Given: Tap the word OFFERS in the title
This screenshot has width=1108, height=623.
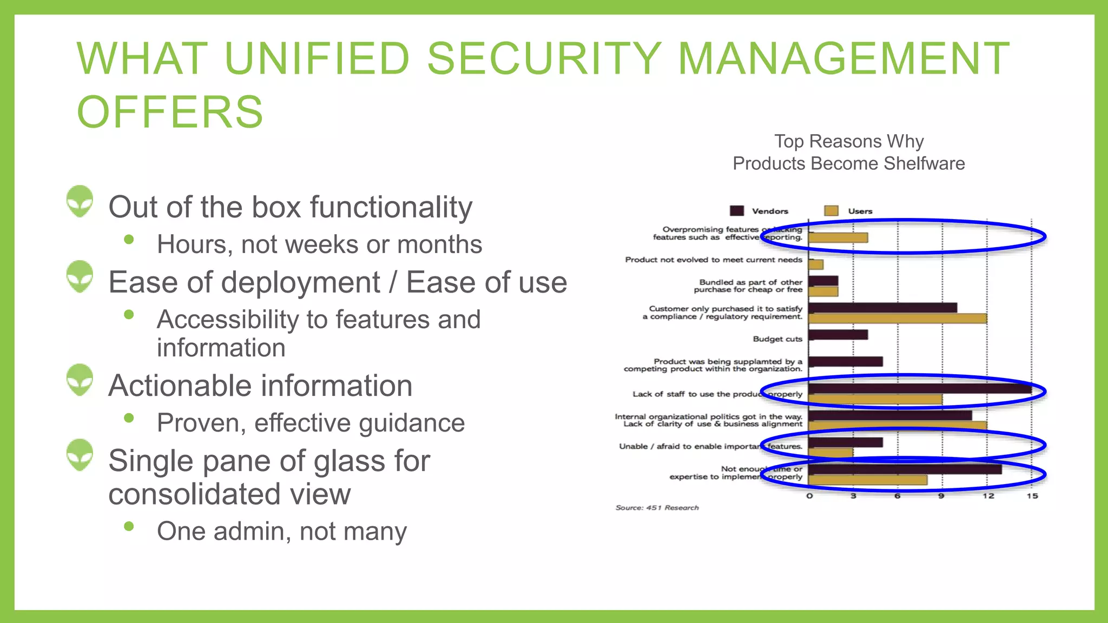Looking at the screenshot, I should (x=170, y=112).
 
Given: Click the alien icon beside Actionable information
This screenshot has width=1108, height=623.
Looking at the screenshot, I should (x=80, y=380).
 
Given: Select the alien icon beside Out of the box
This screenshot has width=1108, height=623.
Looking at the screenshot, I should (x=80, y=201).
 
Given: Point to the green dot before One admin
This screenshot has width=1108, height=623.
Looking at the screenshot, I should (x=129, y=526).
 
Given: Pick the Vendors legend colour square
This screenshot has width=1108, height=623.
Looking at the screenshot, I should (x=736, y=211).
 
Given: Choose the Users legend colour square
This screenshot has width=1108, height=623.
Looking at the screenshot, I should (x=831, y=211).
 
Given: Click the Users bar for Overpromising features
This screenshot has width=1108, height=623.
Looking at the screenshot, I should (x=838, y=237).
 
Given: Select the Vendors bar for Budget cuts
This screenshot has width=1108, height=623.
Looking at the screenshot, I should (x=838, y=335).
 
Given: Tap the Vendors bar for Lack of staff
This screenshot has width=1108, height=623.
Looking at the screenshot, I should (x=920, y=389).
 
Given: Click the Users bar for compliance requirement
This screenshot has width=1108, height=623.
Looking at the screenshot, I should (x=897, y=319).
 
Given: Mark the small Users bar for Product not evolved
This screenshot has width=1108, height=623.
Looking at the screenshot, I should (x=816, y=264).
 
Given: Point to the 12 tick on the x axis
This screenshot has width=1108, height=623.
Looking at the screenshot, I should (x=988, y=496).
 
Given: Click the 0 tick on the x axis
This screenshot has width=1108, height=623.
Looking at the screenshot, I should (x=809, y=496).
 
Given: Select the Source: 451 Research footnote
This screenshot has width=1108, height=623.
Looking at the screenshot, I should (x=657, y=508).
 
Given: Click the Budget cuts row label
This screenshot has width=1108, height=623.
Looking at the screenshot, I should (x=777, y=339).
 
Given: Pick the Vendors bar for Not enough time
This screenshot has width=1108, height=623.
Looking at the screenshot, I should (x=905, y=469).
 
